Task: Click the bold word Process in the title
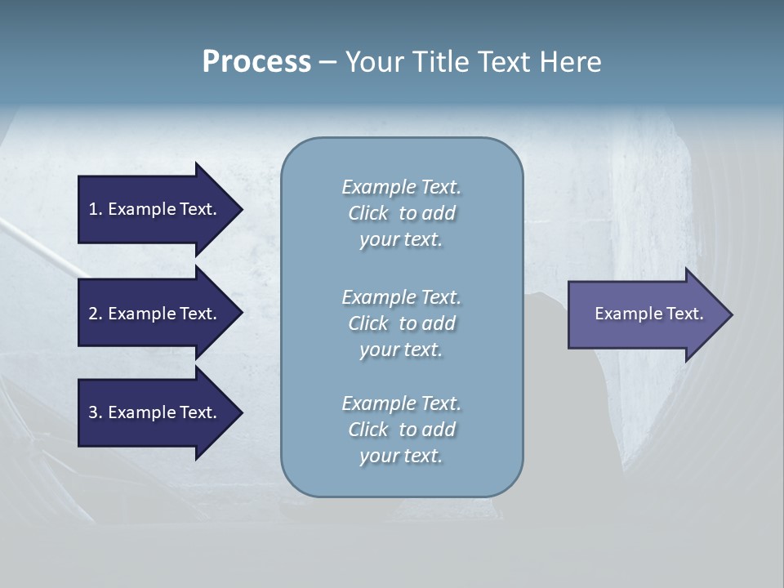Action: click(256, 62)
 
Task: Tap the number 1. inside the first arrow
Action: click(96, 209)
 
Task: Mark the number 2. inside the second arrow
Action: click(96, 314)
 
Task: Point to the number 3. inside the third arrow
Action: click(96, 412)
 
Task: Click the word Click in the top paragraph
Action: click(368, 214)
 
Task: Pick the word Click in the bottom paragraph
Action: click(368, 430)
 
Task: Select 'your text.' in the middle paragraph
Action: click(401, 350)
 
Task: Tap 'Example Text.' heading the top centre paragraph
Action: click(401, 187)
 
